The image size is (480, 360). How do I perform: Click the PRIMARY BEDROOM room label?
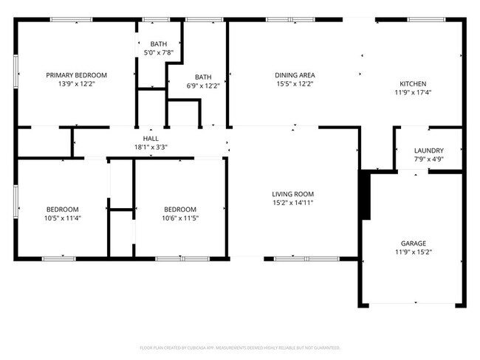(77, 75)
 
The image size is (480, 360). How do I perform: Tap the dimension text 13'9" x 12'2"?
(77, 84)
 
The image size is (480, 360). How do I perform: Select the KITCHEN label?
(413, 84)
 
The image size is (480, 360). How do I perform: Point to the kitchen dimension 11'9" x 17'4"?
(413, 93)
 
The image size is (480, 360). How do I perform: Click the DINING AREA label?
(295, 75)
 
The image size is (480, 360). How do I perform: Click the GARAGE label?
(413, 243)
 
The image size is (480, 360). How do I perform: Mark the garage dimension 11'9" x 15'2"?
(413, 252)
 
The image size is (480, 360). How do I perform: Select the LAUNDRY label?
(428, 150)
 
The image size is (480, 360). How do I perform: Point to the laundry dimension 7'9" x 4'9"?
(428, 159)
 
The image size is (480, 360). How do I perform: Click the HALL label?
(151, 138)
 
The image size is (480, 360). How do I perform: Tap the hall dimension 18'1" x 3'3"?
(151, 147)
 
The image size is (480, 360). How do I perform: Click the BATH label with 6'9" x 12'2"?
(204, 77)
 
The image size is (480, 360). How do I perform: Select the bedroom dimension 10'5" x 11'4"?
(63, 218)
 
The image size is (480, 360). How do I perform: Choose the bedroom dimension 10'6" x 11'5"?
(180, 218)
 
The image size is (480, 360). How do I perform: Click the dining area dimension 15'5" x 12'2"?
(295, 84)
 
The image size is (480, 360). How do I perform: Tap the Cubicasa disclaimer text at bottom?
(240, 347)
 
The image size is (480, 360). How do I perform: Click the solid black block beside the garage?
(363, 195)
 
